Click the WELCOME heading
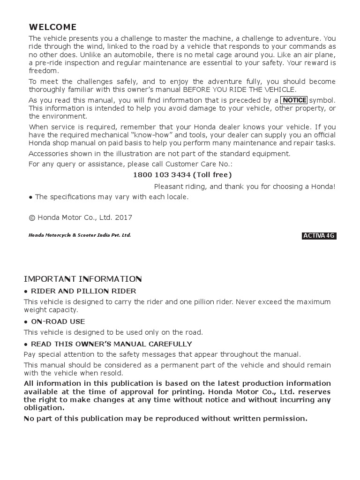click(x=52, y=27)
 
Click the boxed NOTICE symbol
click(x=294, y=100)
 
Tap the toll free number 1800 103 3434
click(x=162, y=175)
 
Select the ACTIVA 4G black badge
click(x=319, y=236)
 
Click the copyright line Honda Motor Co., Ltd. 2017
click(x=81, y=217)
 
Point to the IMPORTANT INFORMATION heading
click(x=83, y=279)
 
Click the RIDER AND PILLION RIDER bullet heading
click(x=83, y=291)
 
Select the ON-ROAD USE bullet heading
click(x=58, y=322)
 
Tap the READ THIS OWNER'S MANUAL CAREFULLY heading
click(x=111, y=344)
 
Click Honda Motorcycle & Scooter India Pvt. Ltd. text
click(x=80, y=235)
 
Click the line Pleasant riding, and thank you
click(x=245, y=187)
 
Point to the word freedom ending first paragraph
click(x=44, y=71)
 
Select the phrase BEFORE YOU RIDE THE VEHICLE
click(x=239, y=90)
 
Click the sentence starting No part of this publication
click(x=165, y=419)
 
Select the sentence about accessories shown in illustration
click(x=159, y=154)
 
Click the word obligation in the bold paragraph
click(x=44, y=408)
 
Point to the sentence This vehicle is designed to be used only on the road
click(x=113, y=332)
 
